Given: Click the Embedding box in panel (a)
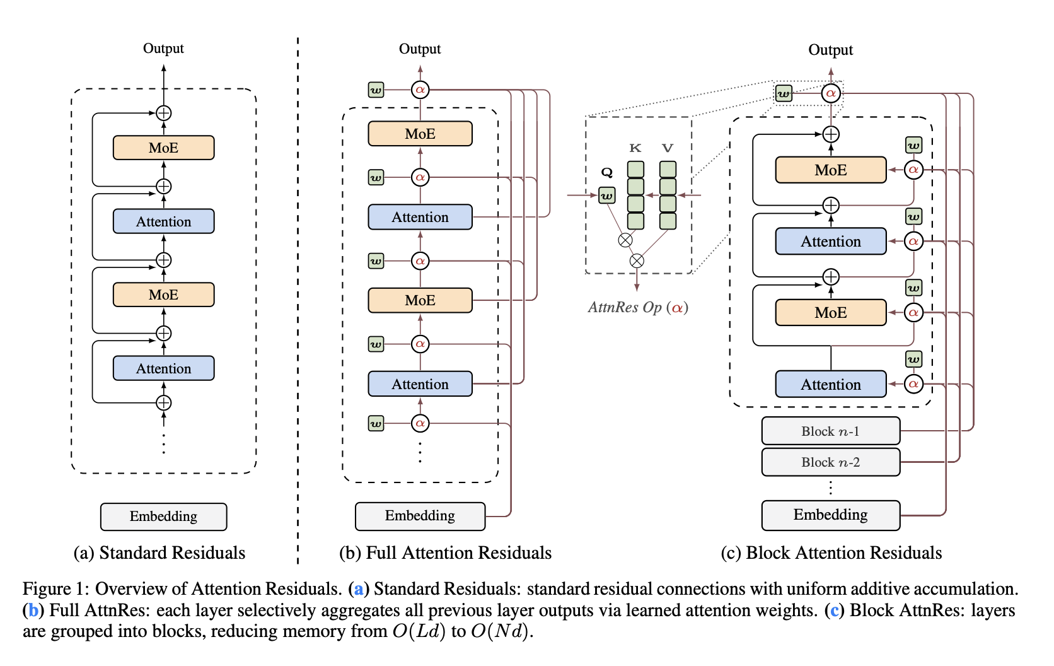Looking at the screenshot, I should click(163, 517).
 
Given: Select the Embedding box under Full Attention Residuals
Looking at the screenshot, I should click(420, 516).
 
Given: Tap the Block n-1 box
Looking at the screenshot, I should click(830, 431).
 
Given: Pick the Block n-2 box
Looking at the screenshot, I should click(830, 462).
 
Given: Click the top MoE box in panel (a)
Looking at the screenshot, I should click(163, 148).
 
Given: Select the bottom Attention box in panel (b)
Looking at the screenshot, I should click(420, 384).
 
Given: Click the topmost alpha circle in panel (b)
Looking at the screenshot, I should click(420, 90).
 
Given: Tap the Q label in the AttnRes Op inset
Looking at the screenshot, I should click(606, 172).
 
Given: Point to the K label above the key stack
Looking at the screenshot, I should click(635, 148).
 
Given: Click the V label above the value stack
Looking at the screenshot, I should click(668, 148).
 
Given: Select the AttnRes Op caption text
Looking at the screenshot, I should click(637, 308).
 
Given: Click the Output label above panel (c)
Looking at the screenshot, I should click(830, 50).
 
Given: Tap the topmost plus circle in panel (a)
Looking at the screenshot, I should click(163, 114).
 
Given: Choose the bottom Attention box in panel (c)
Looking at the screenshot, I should click(830, 384).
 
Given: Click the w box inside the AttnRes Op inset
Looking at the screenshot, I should click(606, 196).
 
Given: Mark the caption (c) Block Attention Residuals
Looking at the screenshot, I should click(831, 553).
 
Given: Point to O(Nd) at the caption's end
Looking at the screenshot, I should click(501, 631).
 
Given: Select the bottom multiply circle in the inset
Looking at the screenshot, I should click(637, 260).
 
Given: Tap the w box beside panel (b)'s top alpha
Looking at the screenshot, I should click(376, 90).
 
